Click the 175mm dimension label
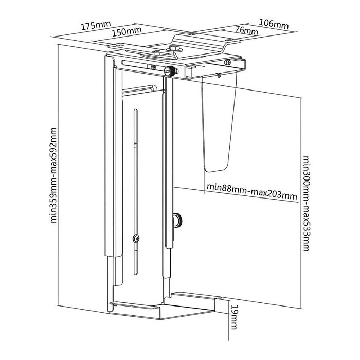click(96, 25)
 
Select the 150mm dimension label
click(127, 31)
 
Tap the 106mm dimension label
click(274, 24)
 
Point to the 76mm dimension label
click(246, 30)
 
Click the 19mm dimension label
click(234, 317)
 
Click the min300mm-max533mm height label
click(307, 204)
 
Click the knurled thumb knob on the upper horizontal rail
click(170, 71)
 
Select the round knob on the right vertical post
click(178, 220)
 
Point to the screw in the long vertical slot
click(136, 239)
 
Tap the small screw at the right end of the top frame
click(227, 62)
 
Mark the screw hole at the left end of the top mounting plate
click(119, 45)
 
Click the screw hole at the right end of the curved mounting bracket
click(229, 40)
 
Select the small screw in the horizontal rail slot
click(153, 67)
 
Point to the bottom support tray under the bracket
click(164, 305)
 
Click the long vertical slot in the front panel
click(136, 192)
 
